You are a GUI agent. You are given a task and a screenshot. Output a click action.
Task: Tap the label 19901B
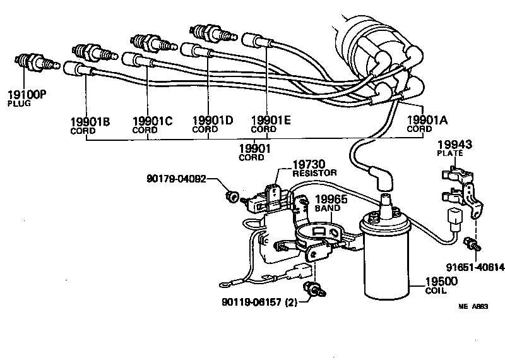(90, 121)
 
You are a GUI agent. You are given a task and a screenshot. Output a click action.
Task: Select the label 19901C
(152, 121)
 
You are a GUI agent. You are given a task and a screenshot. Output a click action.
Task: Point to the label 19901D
(212, 121)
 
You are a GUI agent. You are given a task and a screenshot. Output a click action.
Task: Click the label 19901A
(427, 120)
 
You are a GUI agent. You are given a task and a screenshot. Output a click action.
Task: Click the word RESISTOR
(316, 173)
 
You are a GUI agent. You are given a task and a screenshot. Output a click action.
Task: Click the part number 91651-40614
(475, 267)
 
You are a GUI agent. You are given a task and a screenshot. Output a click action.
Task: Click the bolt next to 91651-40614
(470, 243)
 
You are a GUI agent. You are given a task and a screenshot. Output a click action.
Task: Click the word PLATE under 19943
(449, 153)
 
